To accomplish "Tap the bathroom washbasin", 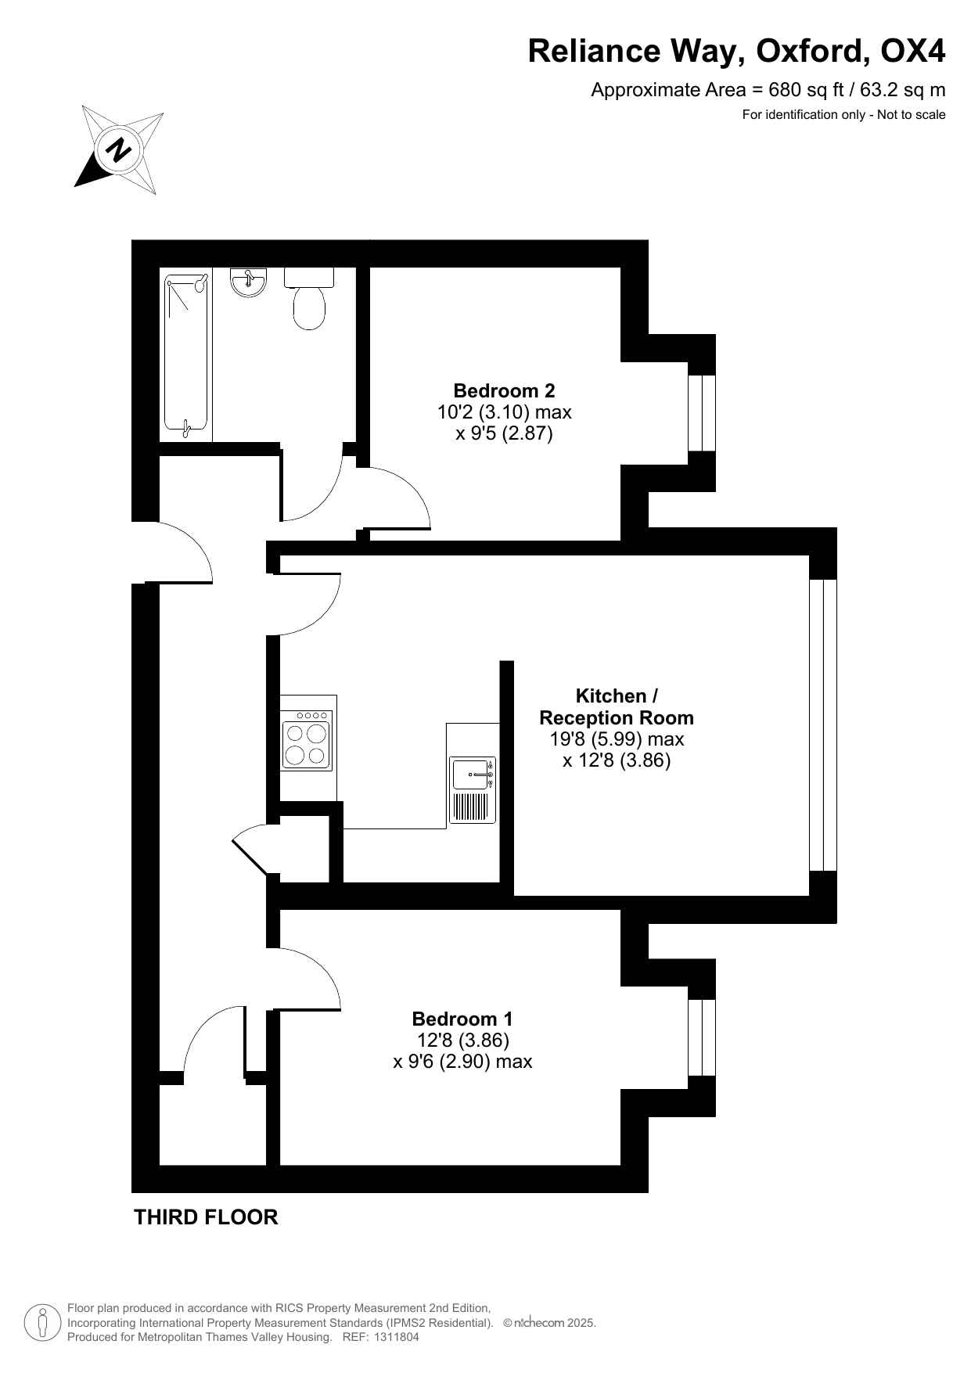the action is tap(249, 282).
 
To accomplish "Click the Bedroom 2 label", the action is tap(504, 390).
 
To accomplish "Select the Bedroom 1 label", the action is tap(462, 1019).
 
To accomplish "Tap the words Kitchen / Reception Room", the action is tap(617, 706).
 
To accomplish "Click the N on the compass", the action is tap(119, 149).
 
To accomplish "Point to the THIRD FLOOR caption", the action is tap(206, 1217).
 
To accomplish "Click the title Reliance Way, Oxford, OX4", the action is tap(736, 51).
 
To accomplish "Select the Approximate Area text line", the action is tap(768, 90).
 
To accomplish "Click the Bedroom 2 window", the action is tap(702, 413).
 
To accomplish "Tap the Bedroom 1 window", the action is tap(702, 1037).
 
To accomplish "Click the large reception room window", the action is tap(823, 725).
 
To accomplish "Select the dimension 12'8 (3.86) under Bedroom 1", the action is tap(463, 1041).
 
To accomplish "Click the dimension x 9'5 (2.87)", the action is tap(504, 433).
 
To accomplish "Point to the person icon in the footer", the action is tap(42, 1323).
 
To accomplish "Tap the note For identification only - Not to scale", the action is tap(843, 115).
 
